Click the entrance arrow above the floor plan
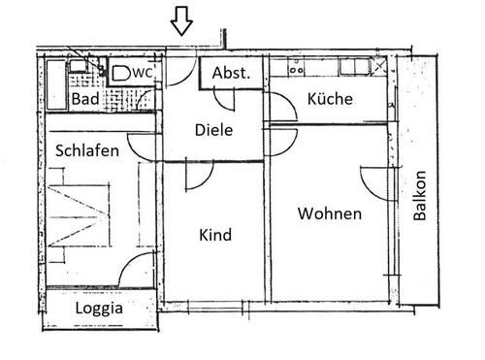[x=181, y=20]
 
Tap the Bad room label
[x=83, y=98]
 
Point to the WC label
[x=142, y=72]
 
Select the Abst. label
[x=231, y=73]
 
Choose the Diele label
[x=212, y=129]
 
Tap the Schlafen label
[x=87, y=150]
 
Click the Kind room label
[x=214, y=235]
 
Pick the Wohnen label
[x=330, y=213]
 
